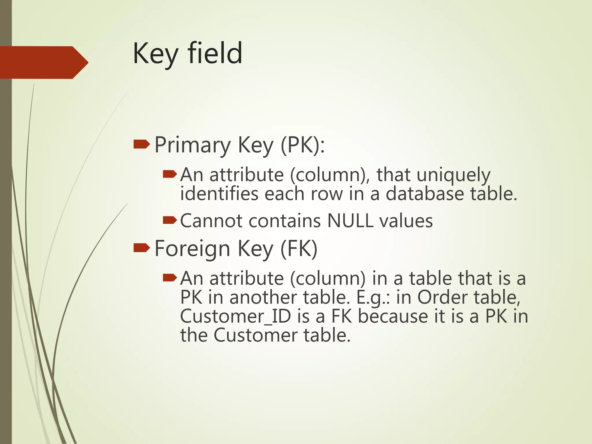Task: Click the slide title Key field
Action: coord(187,53)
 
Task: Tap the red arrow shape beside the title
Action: coord(43,62)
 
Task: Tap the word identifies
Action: coord(219,194)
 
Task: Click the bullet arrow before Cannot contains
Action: coord(170,221)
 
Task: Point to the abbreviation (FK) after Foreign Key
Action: coord(299,249)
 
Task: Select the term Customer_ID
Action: coord(235,317)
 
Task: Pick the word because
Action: coord(393,317)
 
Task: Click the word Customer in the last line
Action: coord(256,335)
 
